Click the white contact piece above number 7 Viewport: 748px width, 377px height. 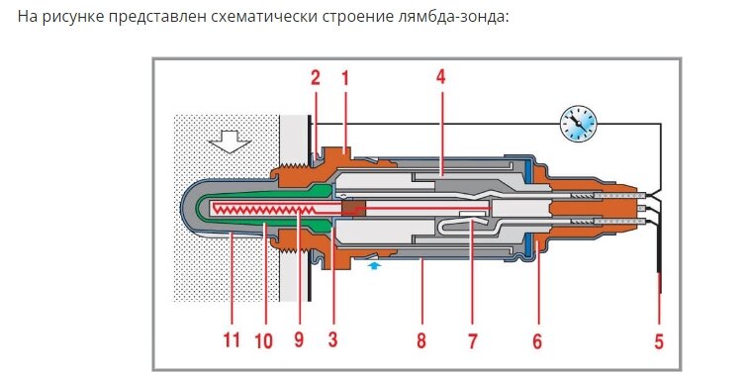pyautogui.click(x=473, y=214)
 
